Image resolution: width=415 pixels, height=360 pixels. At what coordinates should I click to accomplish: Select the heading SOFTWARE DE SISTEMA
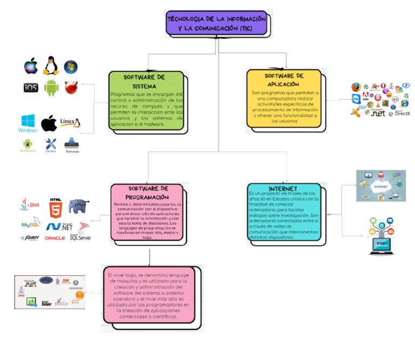coord(144,82)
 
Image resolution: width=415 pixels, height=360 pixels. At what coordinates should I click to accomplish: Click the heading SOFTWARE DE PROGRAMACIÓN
coord(148,192)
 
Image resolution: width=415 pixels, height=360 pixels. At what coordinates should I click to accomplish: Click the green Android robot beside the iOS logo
coord(51,86)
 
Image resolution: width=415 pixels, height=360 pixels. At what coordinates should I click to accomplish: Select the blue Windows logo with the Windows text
coord(28,123)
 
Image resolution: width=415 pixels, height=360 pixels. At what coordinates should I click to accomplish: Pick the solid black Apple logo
coord(49,123)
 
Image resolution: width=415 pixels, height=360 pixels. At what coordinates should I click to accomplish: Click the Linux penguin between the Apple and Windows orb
coord(51,65)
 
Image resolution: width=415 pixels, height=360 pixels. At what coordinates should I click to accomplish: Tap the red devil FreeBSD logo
coord(71,86)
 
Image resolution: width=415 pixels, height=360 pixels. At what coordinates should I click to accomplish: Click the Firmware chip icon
coord(72,144)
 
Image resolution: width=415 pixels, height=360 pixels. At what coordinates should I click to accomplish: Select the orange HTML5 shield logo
coord(55,206)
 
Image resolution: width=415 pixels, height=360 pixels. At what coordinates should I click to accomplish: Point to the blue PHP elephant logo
coord(79,206)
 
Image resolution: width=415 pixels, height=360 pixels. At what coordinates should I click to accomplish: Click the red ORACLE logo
coord(55,238)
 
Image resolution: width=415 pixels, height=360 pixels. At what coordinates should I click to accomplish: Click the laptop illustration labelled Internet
coord(382,236)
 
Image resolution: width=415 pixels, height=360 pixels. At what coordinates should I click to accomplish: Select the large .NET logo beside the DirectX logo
coord(378,113)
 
